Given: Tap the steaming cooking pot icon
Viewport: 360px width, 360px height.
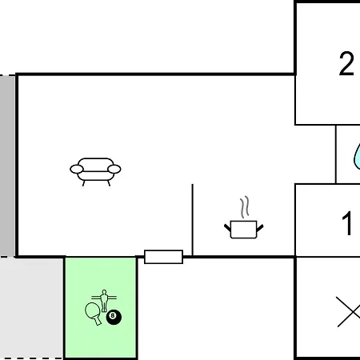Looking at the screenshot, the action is coord(243,218).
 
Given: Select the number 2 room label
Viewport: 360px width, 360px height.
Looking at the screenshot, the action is coord(346,63).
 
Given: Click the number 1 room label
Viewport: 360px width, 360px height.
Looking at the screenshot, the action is coord(347,223).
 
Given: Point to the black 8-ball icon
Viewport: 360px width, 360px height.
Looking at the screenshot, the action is coord(114,318).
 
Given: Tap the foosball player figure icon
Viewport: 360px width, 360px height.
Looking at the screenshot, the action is coord(104,300).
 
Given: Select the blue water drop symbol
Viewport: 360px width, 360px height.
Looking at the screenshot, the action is coord(357,158).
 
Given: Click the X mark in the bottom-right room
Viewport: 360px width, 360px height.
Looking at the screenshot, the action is coord(348,311).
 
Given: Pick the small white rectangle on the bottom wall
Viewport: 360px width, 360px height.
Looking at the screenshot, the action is coord(163,257).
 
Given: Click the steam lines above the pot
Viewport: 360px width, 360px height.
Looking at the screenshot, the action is coord(245,207).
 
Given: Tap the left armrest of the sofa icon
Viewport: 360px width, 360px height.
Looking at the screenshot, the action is coord(77,169).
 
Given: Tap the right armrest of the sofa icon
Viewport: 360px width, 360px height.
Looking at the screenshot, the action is coord(114,169).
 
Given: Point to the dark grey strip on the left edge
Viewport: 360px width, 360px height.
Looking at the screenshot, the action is coord(7,166).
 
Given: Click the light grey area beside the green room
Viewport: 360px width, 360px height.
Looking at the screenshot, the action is coord(31,308).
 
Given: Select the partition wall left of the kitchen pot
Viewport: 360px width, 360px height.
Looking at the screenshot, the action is coord(193,220).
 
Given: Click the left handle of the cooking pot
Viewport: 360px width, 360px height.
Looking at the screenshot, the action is coord(228,228).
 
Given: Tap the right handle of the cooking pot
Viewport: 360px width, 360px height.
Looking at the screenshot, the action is coord(260,228).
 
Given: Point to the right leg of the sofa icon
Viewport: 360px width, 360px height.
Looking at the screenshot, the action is coord(109,183).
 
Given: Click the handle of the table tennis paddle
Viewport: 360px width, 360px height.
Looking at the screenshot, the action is coord(98,321).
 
